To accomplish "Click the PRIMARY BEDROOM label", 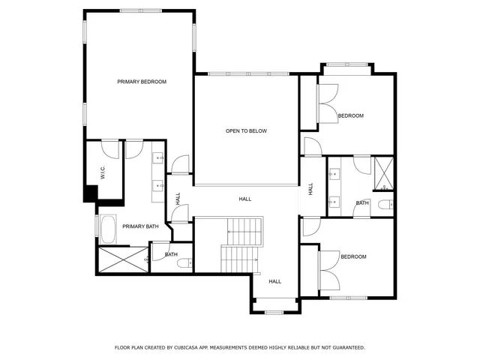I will click(142, 82).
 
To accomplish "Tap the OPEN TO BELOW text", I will click(246, 131).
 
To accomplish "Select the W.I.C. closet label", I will click(94, 172).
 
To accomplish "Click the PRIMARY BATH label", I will click(140, 226).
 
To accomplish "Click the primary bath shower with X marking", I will click(122, 259).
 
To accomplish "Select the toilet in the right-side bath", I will click(384, 205).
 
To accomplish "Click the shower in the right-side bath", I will click(383, 172).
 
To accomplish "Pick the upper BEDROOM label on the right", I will click(350, 115).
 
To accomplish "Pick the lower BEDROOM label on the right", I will click(353, 257).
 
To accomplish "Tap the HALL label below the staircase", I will click(275, 281).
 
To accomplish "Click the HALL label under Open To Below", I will click(245, 199).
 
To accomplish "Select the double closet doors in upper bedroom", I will click(327, 105).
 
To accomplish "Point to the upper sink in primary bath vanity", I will click(159, 158).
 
